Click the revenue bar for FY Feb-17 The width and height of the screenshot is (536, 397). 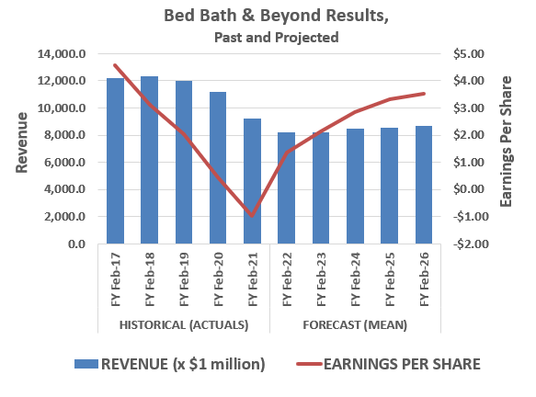tap(115, 161)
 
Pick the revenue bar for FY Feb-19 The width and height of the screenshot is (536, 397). tap(184, 163)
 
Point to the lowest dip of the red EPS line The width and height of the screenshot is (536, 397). tap(252, 216)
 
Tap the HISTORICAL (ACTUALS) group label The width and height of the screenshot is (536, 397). tap(184, 325)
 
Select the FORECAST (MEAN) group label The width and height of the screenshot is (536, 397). tap(354, 325)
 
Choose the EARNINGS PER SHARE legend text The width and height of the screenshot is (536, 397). tap(402, 363)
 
